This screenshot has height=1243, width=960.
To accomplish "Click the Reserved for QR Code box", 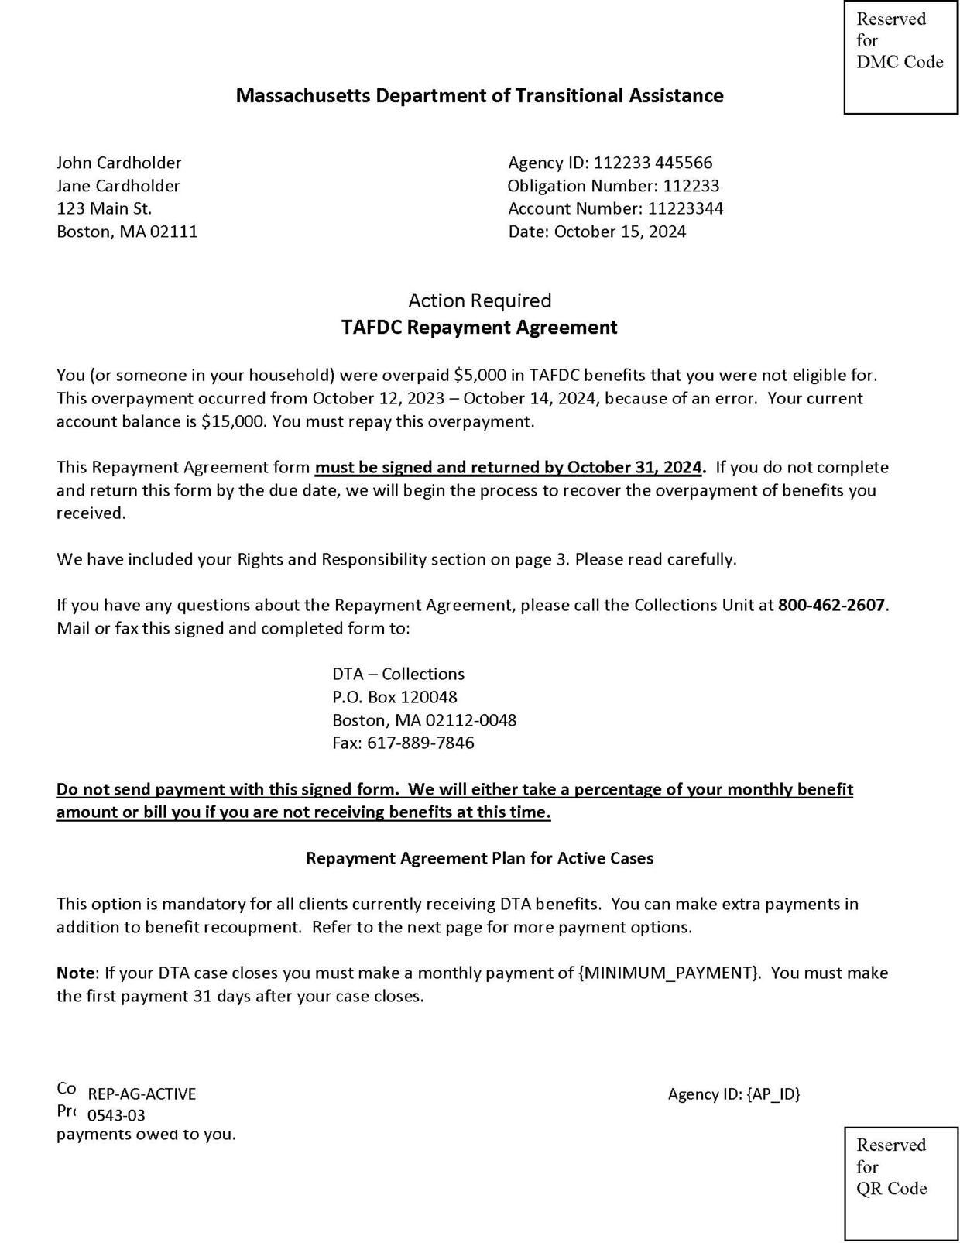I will click(900, 1183).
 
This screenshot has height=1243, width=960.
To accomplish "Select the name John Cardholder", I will click(118, 163).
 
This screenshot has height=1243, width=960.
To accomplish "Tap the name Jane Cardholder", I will click(118, 186).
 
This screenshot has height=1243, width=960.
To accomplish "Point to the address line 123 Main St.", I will click(104, 208).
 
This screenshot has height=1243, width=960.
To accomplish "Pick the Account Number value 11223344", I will click(685, 208).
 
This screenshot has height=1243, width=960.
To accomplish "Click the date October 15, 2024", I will click(620, 232).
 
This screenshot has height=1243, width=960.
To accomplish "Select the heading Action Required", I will click(480, 300).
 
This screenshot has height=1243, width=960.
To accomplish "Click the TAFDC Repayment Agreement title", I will click(480, 328).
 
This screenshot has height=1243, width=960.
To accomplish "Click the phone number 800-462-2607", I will click(831, 605).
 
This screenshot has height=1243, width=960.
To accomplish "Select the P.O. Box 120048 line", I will click(395, 697).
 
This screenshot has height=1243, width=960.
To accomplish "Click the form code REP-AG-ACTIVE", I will click(142, 1094).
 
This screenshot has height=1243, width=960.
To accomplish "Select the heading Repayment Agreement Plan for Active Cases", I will click(480, 858).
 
